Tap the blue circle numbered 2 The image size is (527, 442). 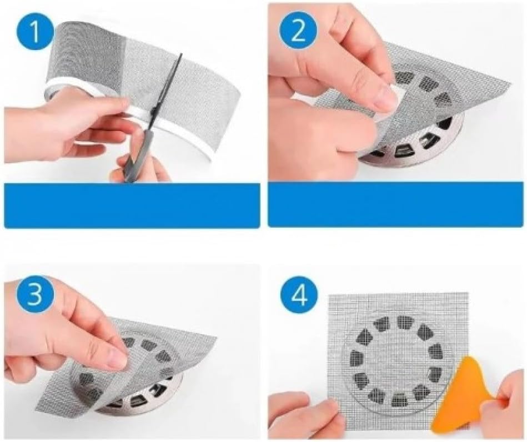(x=299, y=31)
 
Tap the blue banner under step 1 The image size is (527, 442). (x=132, y=205)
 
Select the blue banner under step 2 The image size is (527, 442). (x=396, y=204)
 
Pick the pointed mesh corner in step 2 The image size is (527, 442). (x=511, y=83)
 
